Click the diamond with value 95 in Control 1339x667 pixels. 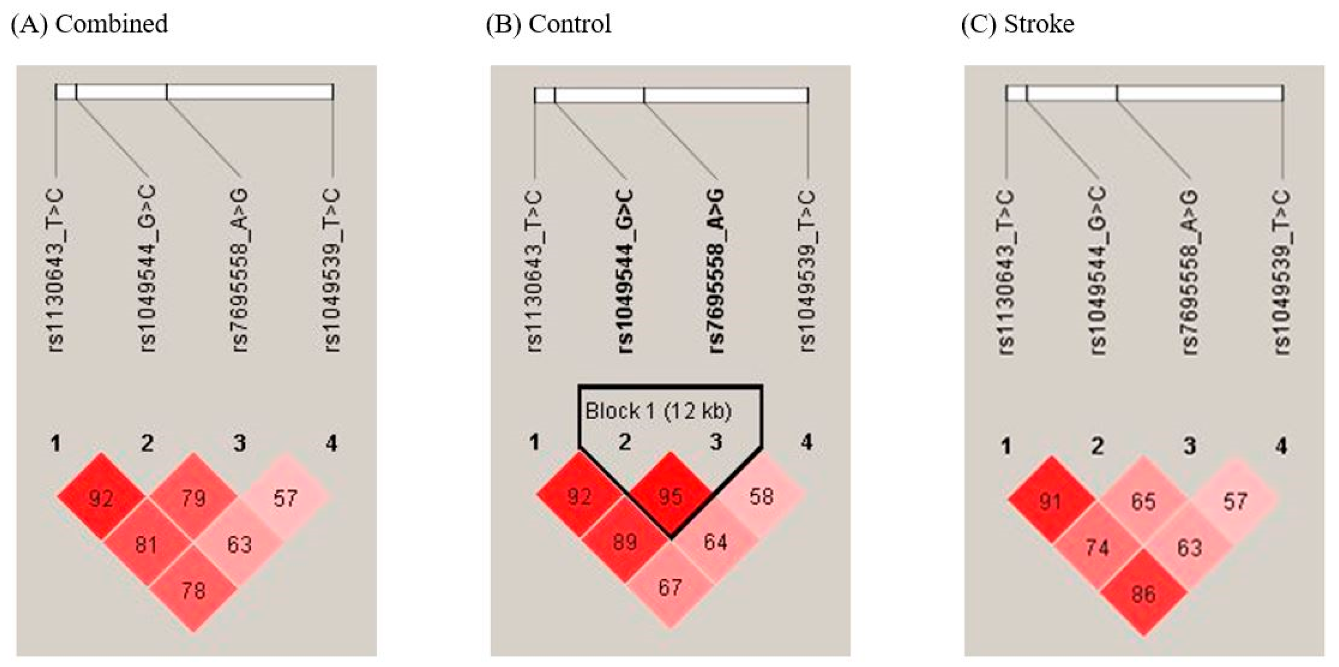pyautogui.click(x=670, y=497)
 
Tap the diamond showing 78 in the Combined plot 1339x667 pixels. pyautogui.click(x=193, y=590)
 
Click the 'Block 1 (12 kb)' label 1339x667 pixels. pyautogui.click(x=659, y=411)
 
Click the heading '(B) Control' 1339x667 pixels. pyautogui.click(x=548, y=24)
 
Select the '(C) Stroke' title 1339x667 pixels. pyautogui.click(x=1018, y=24)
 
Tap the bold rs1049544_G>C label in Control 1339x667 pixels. pyautogui.click(x=625, y=271)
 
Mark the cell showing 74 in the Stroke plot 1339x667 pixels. pyautogui.click(x=1097, y=548)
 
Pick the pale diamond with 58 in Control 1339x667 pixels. pyautogui.click(x=762, y=497)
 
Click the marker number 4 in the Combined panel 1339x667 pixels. pyautogui.click(x=331, y=443)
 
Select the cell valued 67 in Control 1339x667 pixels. pyautogui.click(x=670, y=588)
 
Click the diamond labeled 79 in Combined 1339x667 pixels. pyautogui.click(x=193, y=498)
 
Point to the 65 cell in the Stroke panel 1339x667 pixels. pyautogui.click(x=1143, y=502)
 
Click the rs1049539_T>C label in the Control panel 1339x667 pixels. pyautogui.click(x=807, y=271)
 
